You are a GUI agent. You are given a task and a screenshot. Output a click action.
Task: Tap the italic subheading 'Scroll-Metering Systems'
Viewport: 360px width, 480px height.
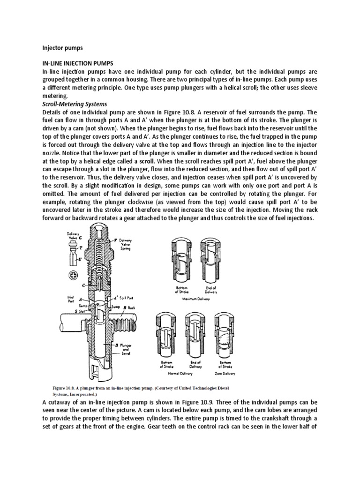coord(75,104)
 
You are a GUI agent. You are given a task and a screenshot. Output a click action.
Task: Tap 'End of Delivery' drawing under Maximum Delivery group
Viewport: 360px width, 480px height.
coord(208,261)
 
